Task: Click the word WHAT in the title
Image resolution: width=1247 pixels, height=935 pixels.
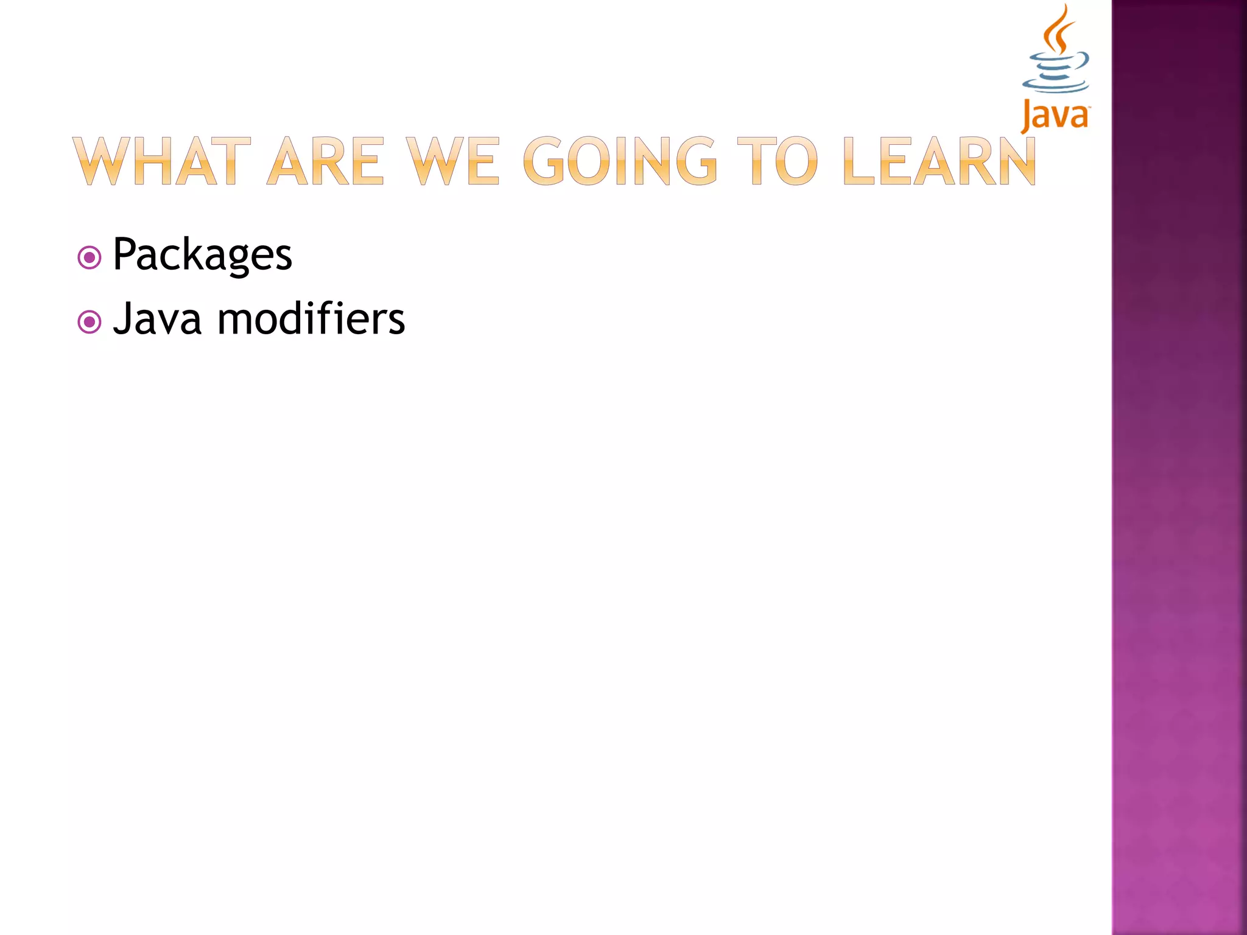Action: pos(161,161)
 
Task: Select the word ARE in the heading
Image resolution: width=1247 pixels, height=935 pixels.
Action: pos(326,161)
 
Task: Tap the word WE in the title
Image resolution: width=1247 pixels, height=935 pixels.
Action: pos(453,161)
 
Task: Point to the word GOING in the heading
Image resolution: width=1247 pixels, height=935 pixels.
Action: pos(620,161)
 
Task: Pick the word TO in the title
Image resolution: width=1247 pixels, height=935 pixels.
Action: pos(777,161)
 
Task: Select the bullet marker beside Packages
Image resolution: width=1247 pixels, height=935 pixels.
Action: pos(90,257)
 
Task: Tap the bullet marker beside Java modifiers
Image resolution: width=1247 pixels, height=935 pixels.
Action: pos(90,322)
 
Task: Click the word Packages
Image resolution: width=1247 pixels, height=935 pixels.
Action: pos(202,254)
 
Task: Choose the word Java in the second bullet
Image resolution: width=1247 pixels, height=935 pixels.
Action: pos(157,319)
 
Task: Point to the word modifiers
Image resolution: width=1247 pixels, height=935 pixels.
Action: pos(311,319)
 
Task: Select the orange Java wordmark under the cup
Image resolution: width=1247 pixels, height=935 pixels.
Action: pos(1055,116)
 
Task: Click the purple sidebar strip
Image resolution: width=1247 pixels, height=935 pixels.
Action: pos(1179,467)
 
